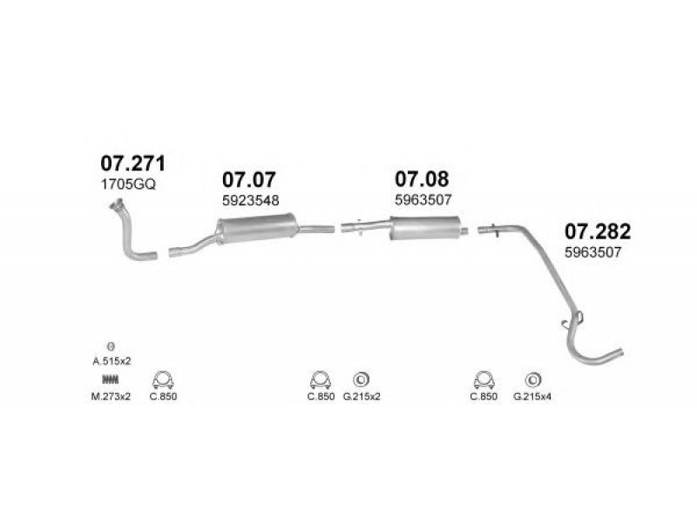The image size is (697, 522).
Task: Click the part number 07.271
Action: [x=132, y=163]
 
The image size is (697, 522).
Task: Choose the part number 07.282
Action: [x=598, y=231]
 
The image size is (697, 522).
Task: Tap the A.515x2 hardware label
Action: [x=112, y=360]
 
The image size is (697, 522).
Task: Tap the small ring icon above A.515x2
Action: [x=111, y=345]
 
